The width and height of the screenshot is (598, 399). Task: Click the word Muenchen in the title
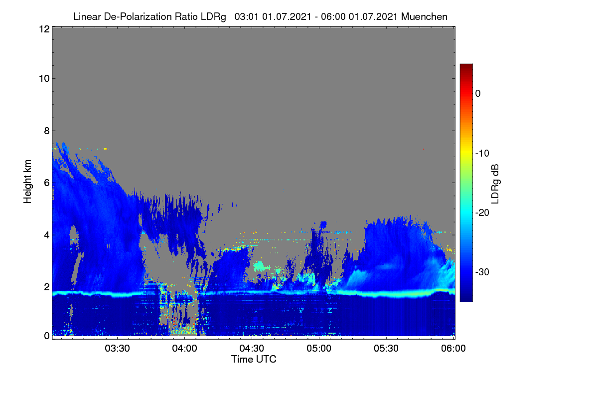(424, 17)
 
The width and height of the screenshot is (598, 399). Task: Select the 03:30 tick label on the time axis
(117, 349)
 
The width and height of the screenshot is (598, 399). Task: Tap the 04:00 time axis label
(184, 349)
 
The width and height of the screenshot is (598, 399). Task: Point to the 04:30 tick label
(252, 349)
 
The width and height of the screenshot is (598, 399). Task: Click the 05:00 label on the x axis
(319, 349)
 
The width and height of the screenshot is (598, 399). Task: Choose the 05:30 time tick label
(386, 349)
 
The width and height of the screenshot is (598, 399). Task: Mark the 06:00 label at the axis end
(453, 349)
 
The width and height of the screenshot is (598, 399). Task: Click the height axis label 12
(44, 29)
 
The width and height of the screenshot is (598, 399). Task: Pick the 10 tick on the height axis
(44, 79)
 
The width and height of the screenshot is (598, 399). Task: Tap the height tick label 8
(47, 131)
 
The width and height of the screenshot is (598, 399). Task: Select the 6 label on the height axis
(47, 183)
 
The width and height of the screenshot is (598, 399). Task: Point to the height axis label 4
(47, 235)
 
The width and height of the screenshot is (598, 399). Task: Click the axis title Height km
(27, 182)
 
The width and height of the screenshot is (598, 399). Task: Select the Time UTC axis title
(254, 360)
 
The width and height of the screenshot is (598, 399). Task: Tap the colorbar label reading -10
(482, 154)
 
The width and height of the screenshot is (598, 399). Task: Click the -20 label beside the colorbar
(482, 213)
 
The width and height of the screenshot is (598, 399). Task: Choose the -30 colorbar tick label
(482, 272)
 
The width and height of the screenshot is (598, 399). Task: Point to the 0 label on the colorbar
(478, 94)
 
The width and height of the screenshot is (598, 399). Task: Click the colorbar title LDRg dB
(495, 184)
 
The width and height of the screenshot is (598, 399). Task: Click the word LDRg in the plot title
(213, 17)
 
